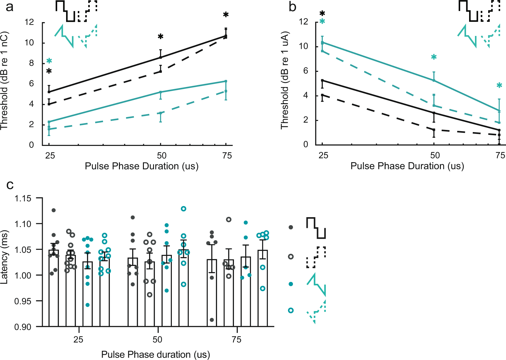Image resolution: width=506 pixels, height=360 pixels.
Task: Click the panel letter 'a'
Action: coord(10,7)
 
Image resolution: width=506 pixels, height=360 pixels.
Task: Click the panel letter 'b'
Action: coord(292,7)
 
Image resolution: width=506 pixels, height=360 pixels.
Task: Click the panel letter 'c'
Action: coord(10,185)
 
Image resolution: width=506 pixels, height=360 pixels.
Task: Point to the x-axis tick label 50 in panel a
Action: coord(162,156)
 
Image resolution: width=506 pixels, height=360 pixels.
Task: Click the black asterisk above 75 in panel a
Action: coord(226,15)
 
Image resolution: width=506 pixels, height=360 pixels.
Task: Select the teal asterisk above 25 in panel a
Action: coord(49,61)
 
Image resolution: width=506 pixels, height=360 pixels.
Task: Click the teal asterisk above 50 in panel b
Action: coord(434,57)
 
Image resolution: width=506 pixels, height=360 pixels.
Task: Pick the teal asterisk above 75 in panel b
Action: coord(499,86)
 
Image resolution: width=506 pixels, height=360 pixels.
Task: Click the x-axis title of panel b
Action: coord(407,166)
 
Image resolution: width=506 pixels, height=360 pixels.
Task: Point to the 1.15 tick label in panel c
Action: coord(23,198)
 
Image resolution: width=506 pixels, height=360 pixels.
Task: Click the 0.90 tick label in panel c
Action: coord(23,327)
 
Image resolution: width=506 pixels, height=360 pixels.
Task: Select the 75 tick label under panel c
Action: coord(236,340)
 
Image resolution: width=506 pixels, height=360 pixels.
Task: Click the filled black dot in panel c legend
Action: coord(291,227)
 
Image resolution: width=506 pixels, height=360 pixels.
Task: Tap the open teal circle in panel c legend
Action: coord(291,311)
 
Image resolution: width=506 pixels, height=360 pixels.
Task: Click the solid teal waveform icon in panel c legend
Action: coord(316,284)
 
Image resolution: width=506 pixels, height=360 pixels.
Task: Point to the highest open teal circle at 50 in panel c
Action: coord(184,209)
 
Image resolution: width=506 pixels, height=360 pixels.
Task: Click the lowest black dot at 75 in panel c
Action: coord(212,320)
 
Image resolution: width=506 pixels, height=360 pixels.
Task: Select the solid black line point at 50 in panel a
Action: coord(160,57)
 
